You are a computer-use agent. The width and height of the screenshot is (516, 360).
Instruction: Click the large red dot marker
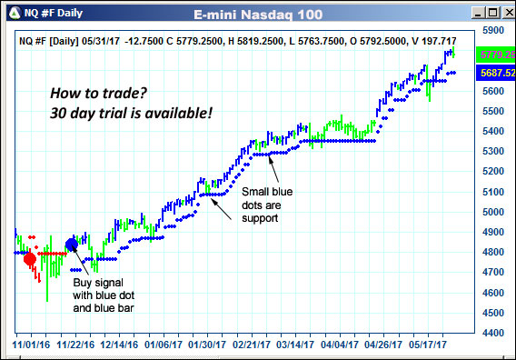tap(30, 259)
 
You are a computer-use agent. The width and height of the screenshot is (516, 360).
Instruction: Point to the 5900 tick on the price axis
tap(491, 30)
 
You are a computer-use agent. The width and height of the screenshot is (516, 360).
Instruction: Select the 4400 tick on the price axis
tap(491, 334)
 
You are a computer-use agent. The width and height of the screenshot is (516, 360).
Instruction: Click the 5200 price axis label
tap(491, 172)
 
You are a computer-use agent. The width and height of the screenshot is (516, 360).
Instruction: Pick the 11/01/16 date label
tap(30, 345)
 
